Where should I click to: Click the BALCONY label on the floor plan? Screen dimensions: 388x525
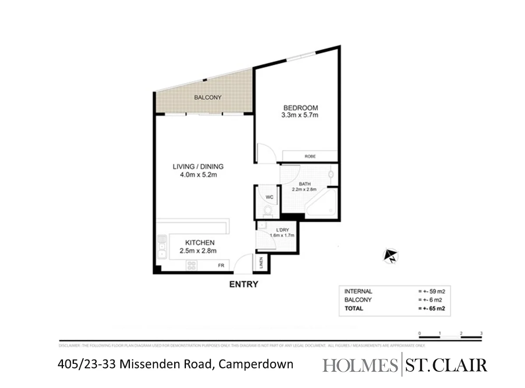pos(208,98)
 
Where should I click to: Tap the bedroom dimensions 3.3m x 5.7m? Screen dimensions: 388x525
pos(300,115)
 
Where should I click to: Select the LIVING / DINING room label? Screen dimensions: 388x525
pos(198,167)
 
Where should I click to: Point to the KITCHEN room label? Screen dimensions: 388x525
pos(199,243)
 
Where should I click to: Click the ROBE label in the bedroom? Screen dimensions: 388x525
pos(310,156)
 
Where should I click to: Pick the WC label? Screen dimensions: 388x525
pos(269,197)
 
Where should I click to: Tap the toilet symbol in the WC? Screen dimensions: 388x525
pos(268,212)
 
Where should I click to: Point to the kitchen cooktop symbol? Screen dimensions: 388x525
pos(191,265)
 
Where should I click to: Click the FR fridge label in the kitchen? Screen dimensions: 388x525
pos(221,265)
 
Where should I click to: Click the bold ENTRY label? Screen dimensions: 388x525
pos(244,284)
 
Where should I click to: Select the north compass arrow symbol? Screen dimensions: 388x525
pos(390,255)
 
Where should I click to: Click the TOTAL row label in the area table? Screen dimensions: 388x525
pos(353,308)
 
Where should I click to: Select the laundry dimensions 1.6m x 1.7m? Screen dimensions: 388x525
pos(282,235)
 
